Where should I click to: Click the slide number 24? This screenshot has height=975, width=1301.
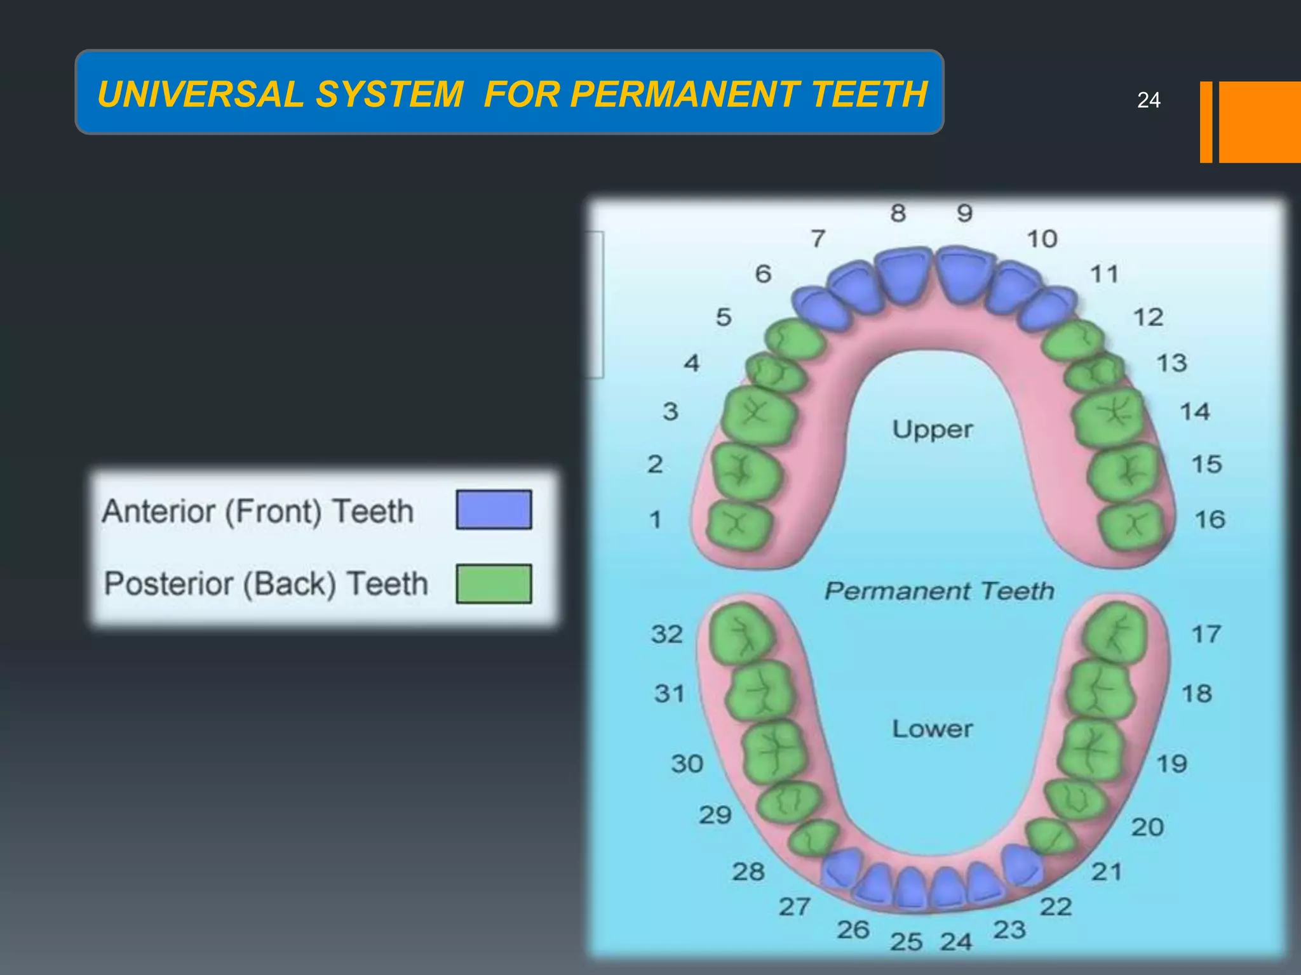click(x=1149, y=100)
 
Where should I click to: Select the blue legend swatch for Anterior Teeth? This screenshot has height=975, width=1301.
click(x=494, y=509)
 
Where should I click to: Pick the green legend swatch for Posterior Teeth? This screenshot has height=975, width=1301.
click(x=494, y=583)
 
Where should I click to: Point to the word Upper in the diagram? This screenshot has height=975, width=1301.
click(x=932, y=430)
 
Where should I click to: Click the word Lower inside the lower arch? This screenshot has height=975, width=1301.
click(x=932, y=729)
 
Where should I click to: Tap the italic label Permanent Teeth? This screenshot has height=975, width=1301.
click(x=939, y=591)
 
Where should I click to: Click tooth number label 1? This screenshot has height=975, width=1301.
click(x=656, y=520)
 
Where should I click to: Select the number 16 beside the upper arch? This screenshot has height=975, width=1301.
click(x=1210, y=520)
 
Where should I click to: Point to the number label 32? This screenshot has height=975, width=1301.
click(x=666, y=634)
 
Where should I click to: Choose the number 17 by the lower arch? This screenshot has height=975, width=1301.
click(x=1206, y=634)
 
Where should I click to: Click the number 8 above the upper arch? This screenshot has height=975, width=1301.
click(x=898, y=213)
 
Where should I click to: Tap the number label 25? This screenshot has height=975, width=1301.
click(x=906, y=942)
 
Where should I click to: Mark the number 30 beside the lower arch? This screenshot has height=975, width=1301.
click(x=687, y=764)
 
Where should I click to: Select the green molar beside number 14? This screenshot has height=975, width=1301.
click(x=1109, y=416)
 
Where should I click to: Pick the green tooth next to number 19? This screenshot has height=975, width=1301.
click(x=1091, y=749)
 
